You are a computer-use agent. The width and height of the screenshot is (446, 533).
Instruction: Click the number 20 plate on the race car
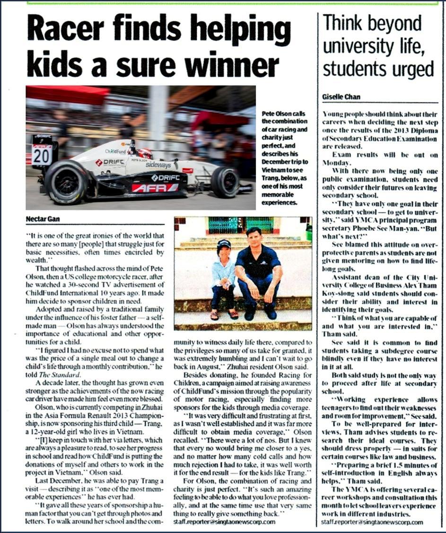click(x=42, y=155)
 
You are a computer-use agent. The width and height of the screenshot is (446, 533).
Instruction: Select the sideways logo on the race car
click(x=158, y=165)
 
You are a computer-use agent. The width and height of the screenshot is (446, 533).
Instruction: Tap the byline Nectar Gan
click(x=42, y=219)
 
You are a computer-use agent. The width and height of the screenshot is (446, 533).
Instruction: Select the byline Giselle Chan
click(x=341, y=97)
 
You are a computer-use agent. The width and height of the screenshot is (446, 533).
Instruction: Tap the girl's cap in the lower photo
click(x=224, y=244)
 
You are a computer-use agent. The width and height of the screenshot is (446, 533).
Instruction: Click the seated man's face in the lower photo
click(x=254, y=237)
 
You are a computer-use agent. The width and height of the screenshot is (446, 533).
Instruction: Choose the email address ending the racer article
click(x=224, y=522)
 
